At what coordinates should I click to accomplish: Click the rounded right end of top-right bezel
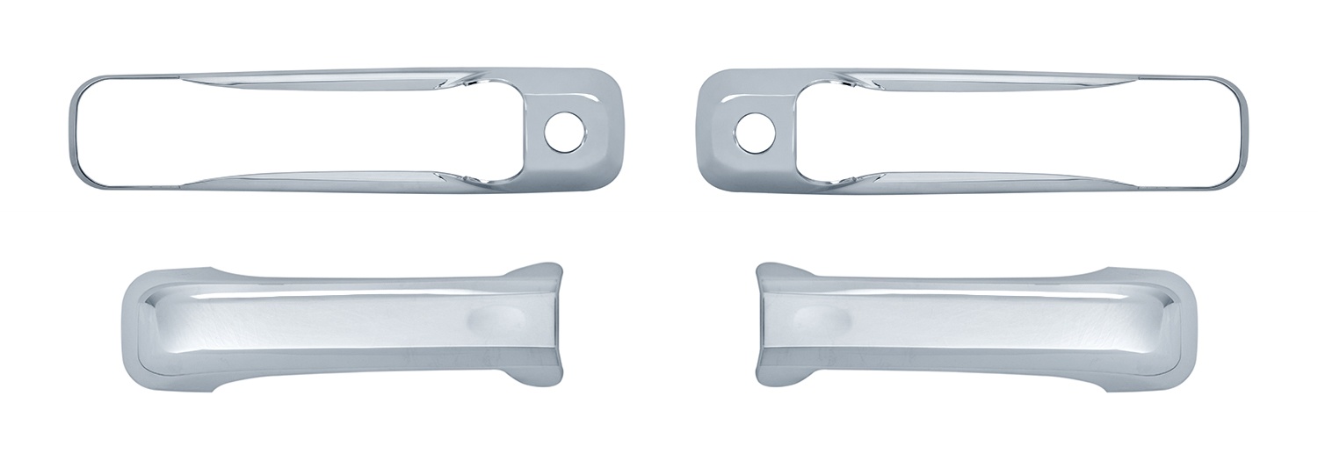1239,132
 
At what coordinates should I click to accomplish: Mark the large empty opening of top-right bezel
1010,130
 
